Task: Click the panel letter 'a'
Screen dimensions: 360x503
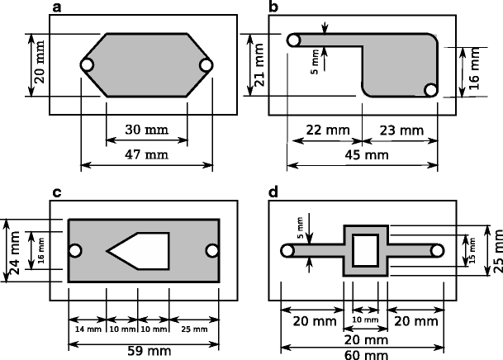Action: [x=56, y=7]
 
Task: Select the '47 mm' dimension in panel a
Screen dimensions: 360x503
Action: [x=147, y=154]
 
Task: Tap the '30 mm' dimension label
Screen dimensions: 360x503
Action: [x=147, y=130]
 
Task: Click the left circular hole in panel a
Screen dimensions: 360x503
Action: [x=87, y=65]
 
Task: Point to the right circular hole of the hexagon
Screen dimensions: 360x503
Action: [x=206, y=65]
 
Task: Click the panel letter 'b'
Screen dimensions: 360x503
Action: [x=273, y=7]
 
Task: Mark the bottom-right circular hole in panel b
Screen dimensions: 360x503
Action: [x=429, y=89]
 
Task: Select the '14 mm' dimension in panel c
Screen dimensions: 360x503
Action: [x=87, y=329]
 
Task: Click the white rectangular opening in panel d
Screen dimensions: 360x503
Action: [x=365, y=249]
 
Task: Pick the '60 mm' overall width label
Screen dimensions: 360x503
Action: [x=364, y=353]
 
